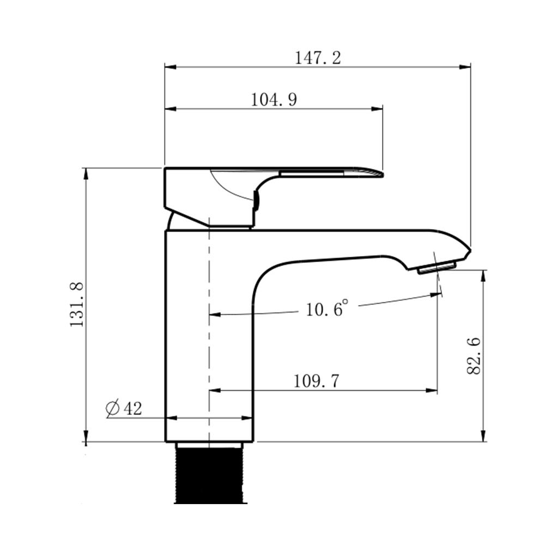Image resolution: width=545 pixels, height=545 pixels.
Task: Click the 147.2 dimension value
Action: [x=318, y=58]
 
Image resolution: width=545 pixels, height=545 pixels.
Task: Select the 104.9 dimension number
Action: [x=274, y=100]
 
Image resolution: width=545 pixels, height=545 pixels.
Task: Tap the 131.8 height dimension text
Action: [x=77, y=305]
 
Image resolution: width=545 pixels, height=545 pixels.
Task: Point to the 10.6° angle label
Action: [x=326, y=308]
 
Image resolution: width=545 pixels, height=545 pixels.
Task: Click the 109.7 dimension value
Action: [x=317, y=381]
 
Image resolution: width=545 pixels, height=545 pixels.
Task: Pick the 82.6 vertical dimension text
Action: [x=474, y=355]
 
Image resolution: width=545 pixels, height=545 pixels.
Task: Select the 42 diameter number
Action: [x=133, y=408]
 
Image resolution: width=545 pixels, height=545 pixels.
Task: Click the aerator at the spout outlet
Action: [x=437, y=268]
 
